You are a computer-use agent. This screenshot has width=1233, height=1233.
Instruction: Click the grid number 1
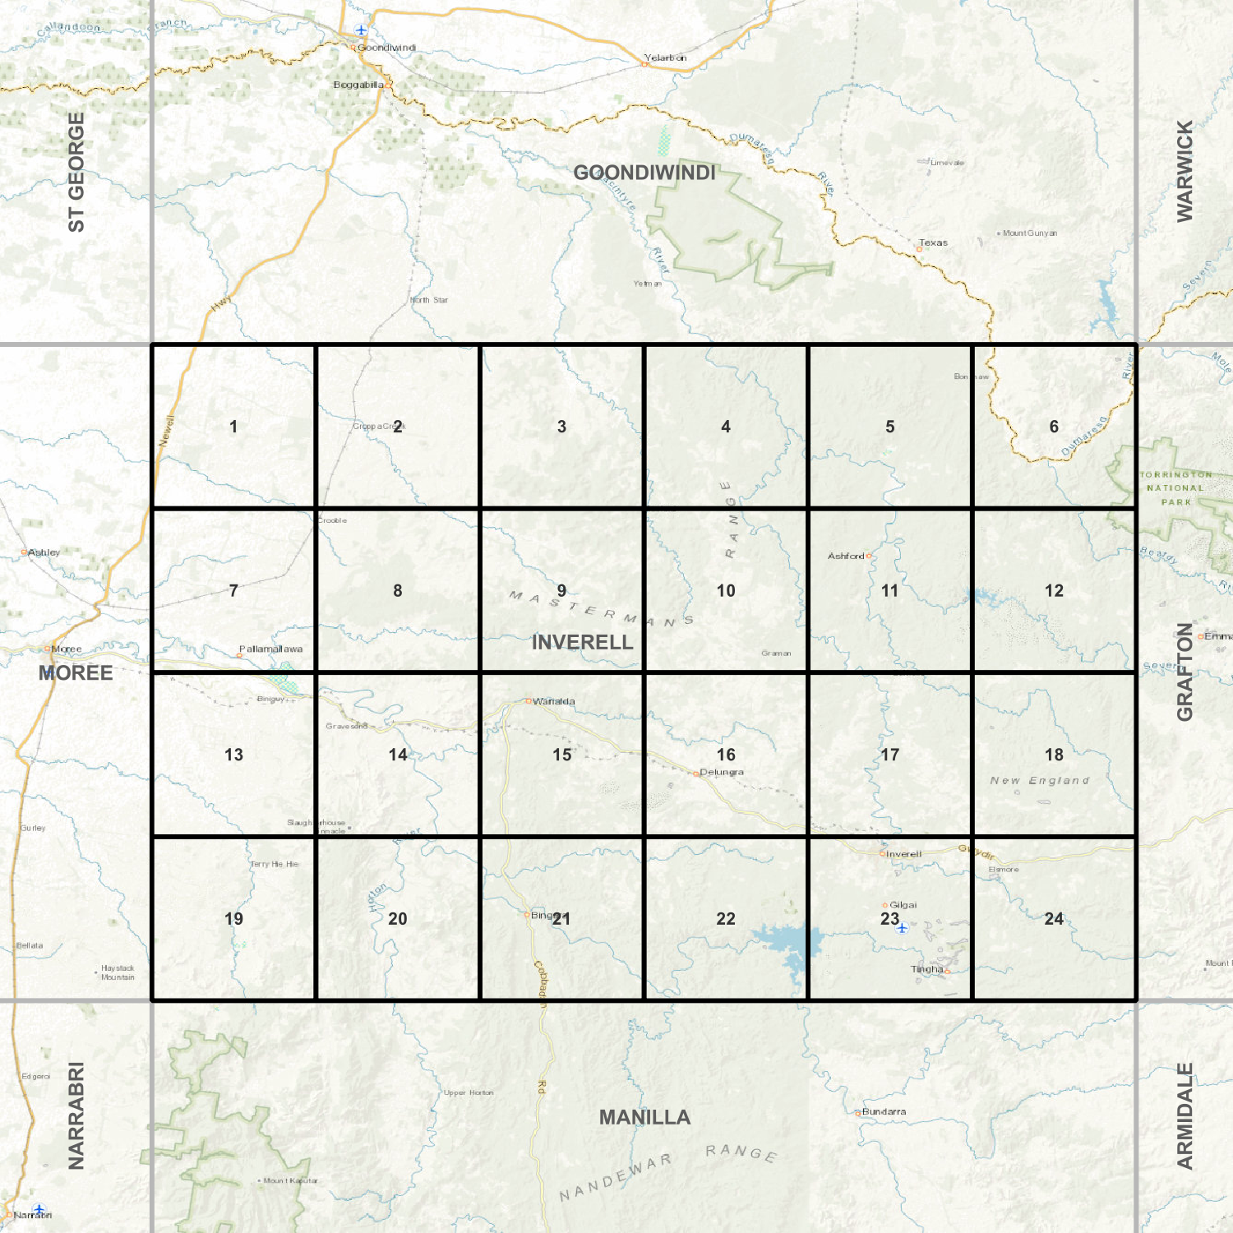click(233, 427)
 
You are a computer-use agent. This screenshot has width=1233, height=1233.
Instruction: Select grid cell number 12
click(1054, 590)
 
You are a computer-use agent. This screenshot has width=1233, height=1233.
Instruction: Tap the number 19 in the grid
click(233, 918)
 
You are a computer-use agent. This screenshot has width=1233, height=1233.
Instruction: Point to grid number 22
click(725, 918)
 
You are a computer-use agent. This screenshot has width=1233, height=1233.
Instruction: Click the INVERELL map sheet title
click(582, 642)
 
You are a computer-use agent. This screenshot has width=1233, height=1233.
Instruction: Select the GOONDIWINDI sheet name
click(644, 173)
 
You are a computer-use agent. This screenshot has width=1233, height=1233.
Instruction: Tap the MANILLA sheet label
click(644, 1117)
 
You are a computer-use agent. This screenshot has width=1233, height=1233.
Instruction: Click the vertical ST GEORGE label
click(76, 172)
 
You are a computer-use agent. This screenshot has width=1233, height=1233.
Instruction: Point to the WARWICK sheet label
click(1185, 171)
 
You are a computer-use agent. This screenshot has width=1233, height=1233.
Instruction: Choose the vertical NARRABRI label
click(76, 1115)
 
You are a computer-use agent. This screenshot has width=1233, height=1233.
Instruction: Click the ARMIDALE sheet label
click(1185, 1115)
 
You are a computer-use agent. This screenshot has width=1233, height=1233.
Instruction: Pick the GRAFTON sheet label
click(1185, 672)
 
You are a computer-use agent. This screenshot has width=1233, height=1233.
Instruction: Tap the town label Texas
click(933, 242)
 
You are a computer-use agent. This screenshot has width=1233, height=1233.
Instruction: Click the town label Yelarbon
click(665, 58)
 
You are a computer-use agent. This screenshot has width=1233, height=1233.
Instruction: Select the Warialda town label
click(553, 701)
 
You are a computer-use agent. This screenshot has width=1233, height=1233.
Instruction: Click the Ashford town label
click(846, 556)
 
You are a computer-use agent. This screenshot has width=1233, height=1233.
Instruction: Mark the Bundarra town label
click(884, 1111)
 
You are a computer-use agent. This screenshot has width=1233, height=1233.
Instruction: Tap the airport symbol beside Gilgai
click(902, 928)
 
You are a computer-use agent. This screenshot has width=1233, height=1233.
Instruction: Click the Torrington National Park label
click(1175, 487)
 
